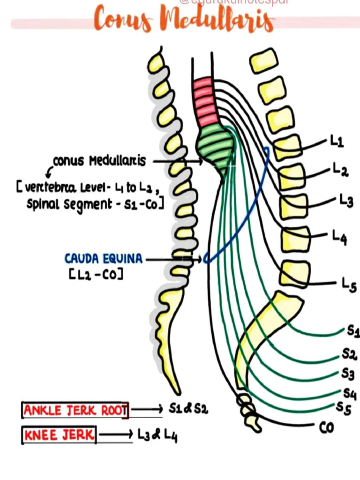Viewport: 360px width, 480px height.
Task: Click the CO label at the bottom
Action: coord(326,427)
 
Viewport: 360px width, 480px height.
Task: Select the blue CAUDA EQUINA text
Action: coord(105,259)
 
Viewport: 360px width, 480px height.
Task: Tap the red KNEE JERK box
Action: coord(59,435)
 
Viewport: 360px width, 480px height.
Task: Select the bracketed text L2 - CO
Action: coord(96,274)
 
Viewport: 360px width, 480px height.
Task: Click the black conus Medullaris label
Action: coord(99,161)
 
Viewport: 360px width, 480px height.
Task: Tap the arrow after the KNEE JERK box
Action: coord(116,435)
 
